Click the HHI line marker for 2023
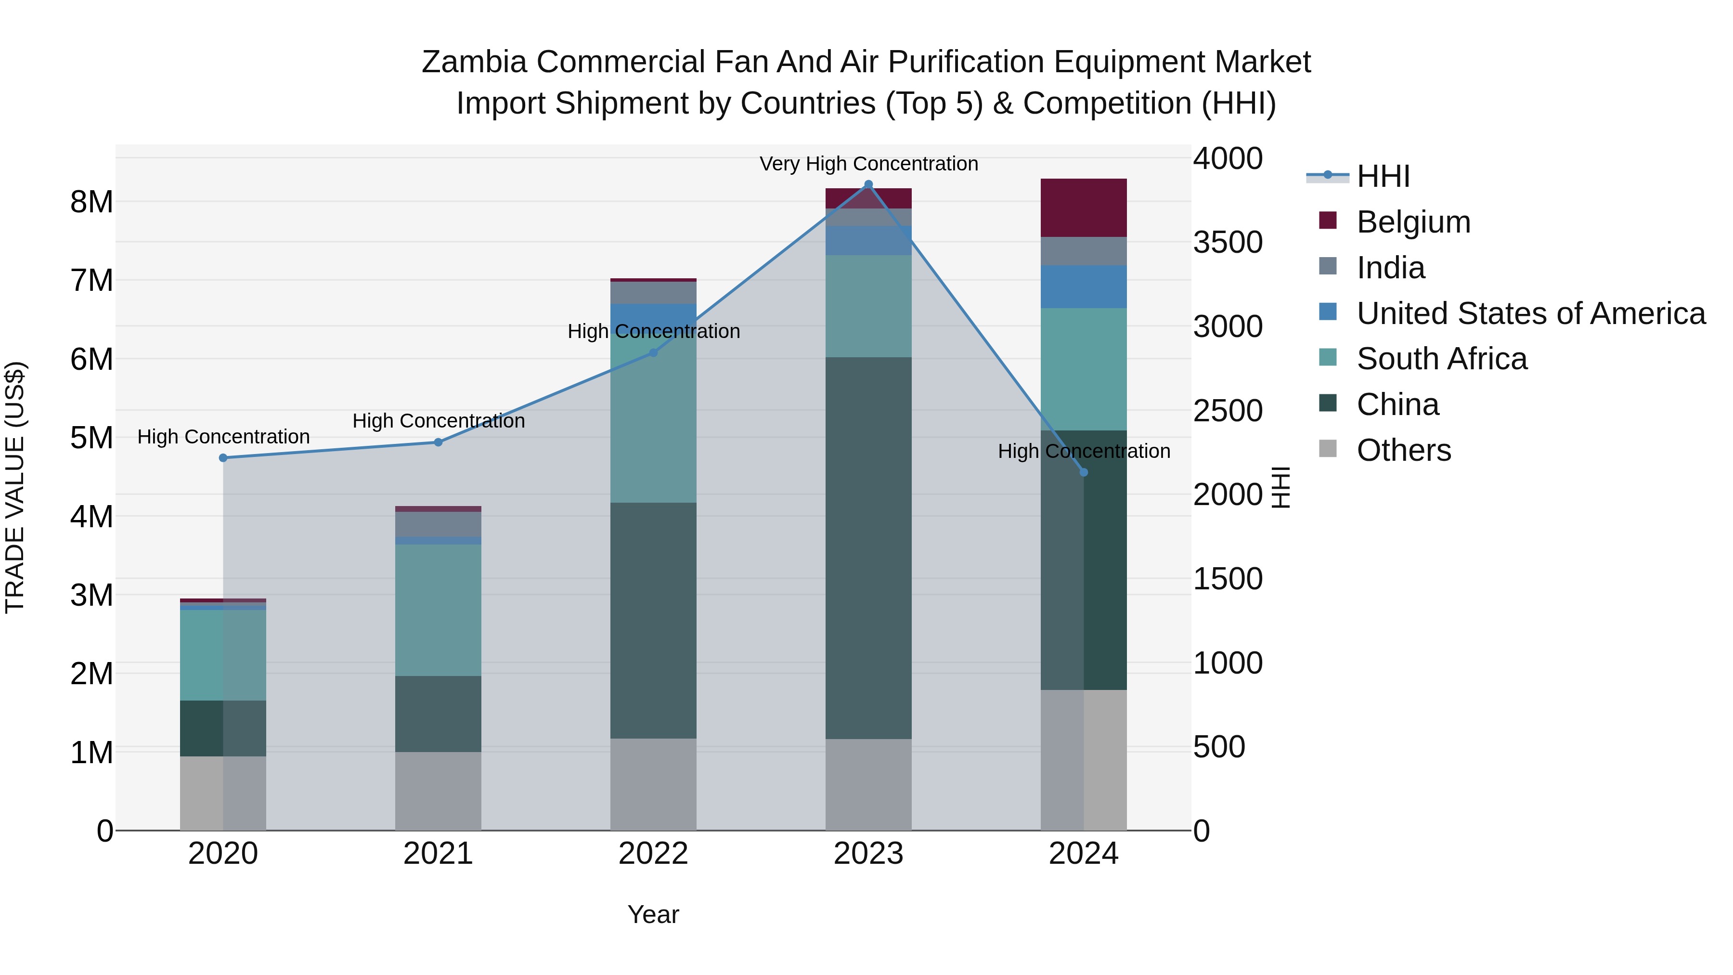click(x=868, y=184)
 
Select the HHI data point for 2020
click(x=223, y=457)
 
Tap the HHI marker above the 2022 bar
click(x=653, y=352)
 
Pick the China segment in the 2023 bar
click(x=868, y=548)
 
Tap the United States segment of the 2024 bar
click(x=1083, y=286)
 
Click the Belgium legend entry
click(x=1413, y=222)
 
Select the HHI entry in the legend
click(x=1383, y=176)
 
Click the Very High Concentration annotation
click(x=868, y=164)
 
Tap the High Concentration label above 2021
click(x=438, y=420)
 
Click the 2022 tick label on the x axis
click(x=653, y=854)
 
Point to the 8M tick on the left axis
click(x=91, y=202)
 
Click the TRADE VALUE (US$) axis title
click(x=15, y=487)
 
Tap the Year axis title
click(x=653, y=914)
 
